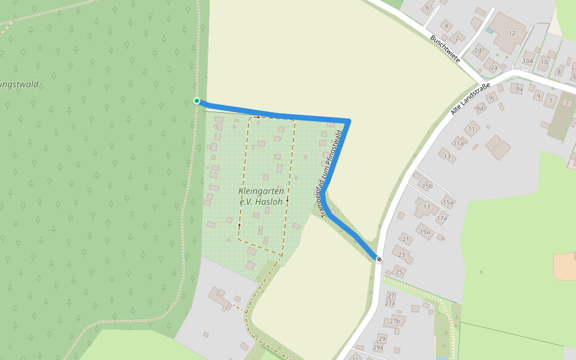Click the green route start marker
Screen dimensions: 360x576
[x=196, y=101]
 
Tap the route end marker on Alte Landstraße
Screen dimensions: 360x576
[x=379, y=259]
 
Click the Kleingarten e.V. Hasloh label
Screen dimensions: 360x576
[x=261, y=196]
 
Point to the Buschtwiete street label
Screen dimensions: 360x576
[x=445, y=49]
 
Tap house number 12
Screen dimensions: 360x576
[x=512, y=33]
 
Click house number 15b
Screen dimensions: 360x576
[x=427, y=186]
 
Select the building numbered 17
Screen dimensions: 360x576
[x=427, y=207]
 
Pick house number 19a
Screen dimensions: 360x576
[x=425, y=232]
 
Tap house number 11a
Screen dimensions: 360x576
[x=459, y=143]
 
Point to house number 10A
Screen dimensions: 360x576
[x=528, y=61]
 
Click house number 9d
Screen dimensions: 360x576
[x=479, y=109]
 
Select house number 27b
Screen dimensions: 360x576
[x=394, y=321]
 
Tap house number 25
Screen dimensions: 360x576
[x=399, y=272]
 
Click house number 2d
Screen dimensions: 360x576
[x=478, y=50]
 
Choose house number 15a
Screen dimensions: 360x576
[x=448, y=202]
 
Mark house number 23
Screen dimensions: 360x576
[x=402, y=255]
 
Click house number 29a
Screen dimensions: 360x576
[x=378, y=347]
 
